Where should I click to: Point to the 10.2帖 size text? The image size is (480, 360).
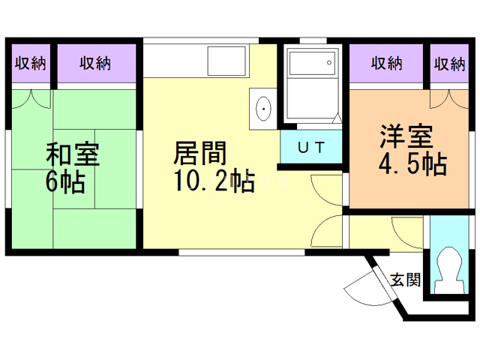click(x=214, y=181)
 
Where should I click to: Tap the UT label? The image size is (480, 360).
click(x=311, y=146)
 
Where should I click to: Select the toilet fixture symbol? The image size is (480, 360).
click(x=451, y=271)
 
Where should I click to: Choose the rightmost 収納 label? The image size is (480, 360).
click(x=448, y=63)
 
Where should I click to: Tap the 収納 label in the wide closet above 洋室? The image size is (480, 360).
click(x=387, y=63)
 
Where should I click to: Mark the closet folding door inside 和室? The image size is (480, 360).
click(x=31, y=98)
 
